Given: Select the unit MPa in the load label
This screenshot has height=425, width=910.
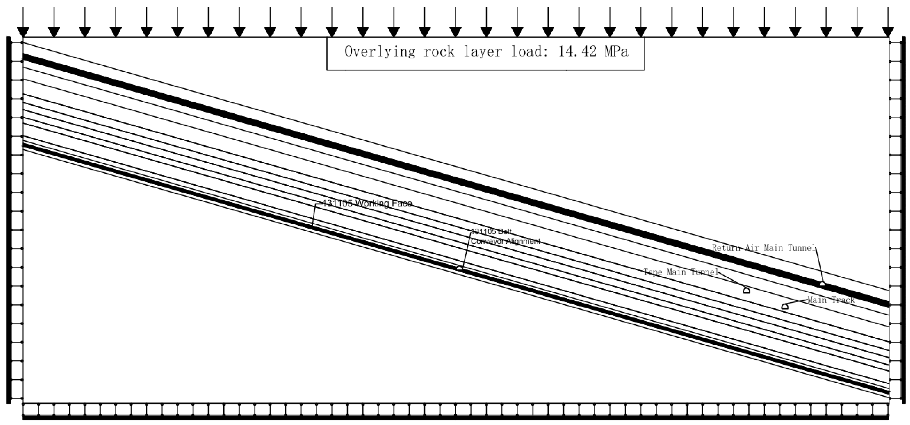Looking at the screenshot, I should click(616, 52).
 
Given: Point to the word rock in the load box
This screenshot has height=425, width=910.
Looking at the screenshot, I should click(439, 52).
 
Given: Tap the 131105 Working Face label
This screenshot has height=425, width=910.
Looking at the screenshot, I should click(367, 204).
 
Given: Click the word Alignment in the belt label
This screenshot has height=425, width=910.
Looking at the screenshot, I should click(523, 242).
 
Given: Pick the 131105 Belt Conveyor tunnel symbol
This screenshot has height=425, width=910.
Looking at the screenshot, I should click(459, 269).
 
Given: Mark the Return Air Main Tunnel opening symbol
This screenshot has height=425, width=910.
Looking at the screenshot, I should click(822, 284).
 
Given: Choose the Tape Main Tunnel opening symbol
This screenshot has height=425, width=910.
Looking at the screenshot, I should click(746, 291).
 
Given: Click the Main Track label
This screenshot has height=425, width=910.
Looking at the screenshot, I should click(831, 300).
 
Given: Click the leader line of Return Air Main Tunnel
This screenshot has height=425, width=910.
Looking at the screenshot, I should click(819, 265).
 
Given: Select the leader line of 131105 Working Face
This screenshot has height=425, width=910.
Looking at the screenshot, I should click(314, 215).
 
